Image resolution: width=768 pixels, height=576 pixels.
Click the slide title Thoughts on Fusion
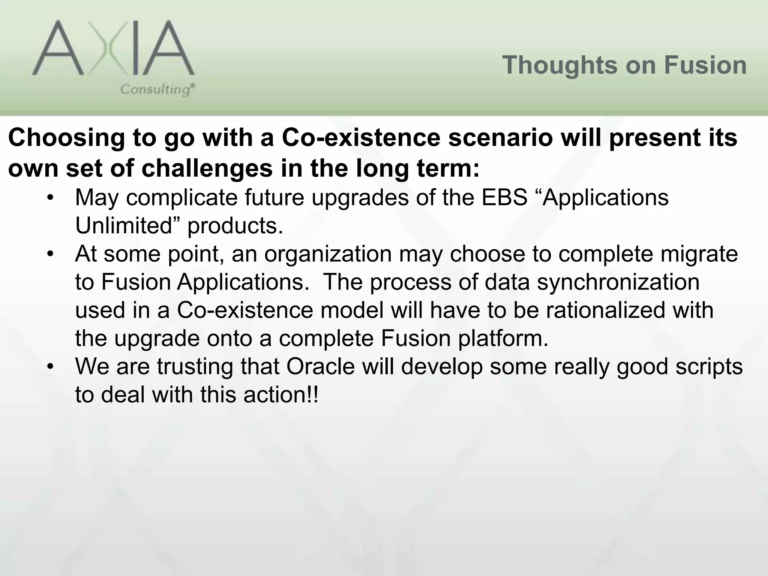(x=624, y=65)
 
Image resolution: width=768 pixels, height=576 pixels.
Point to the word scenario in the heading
(x=501, y=138)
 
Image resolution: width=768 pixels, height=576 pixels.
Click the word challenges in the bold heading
(x=207, y=169)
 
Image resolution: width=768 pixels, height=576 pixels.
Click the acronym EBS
(x=504, y=198)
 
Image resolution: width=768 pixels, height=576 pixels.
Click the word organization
(x=328, y=255)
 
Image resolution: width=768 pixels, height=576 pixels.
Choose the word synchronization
(x=618, y=282)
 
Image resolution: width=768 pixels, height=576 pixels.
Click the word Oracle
(x=321, y=367)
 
